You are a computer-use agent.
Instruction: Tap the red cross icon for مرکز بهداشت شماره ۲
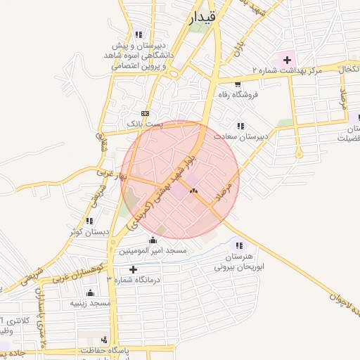[x=287, y=60]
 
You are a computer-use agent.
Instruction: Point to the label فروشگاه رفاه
[x=237, y=95]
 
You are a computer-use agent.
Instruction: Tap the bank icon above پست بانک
[x=145, y=113]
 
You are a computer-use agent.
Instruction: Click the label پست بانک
[x=144, y=123]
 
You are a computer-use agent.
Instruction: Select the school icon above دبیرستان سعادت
[x=240, y=127]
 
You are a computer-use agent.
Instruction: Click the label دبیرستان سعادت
[x=241, y=137]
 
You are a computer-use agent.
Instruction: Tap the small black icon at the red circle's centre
[x=193, y=191]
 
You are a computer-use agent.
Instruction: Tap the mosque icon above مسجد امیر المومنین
[x=153, y=240]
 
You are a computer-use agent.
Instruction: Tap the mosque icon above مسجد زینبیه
[x=90, y=293]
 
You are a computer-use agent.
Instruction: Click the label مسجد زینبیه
[x=90, y=303]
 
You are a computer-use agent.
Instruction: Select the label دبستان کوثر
[x=87, y=231]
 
